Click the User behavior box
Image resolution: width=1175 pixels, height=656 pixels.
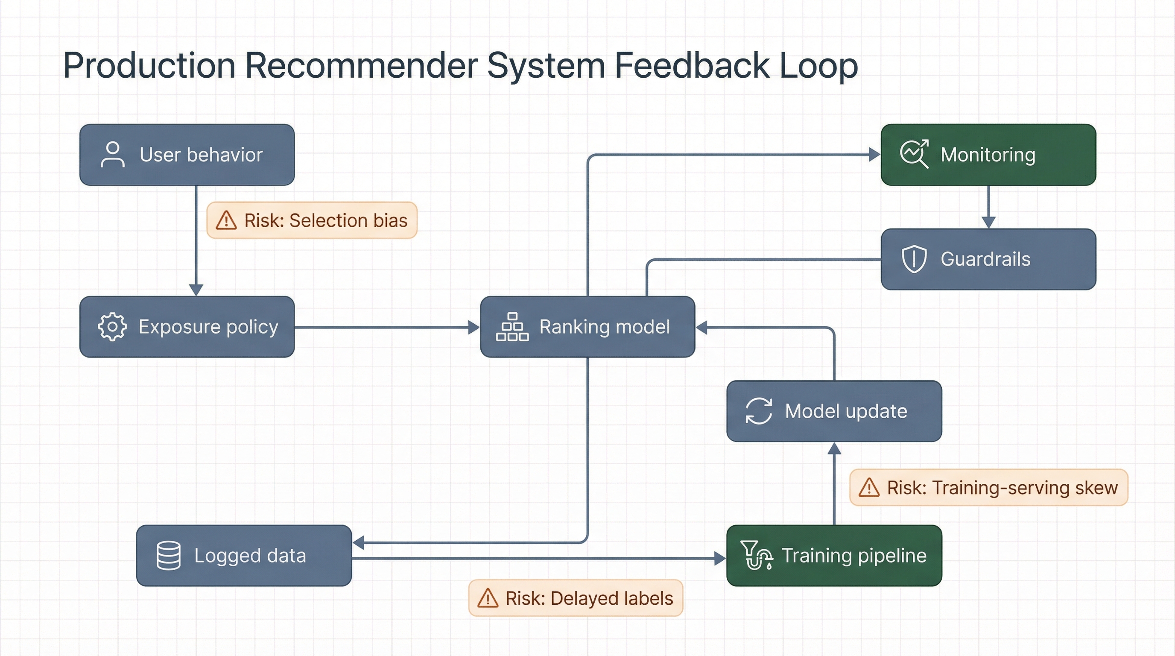tap(187, 155)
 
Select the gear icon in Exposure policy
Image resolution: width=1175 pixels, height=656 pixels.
tap(112, 327)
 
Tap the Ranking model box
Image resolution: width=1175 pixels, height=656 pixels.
tap(587, 327)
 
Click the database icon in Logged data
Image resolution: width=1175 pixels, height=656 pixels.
tap(168, 555)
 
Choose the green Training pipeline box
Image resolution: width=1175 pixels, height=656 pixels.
tap(834, 555)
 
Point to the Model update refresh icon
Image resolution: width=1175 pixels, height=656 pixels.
tap(759, 411)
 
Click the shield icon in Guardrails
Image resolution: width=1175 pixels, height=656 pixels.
tap(914, 259)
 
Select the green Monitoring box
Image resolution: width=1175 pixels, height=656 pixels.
tap(988, 155)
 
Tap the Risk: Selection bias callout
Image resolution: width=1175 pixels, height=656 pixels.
tap(312, 220)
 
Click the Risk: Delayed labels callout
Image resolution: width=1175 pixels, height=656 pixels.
tap(576, 598)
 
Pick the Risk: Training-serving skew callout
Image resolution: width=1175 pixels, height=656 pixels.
tap(988, 488)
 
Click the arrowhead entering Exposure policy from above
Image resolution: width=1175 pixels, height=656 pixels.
tap(196, 290)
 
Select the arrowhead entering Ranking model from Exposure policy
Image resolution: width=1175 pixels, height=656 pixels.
tap(474, 327)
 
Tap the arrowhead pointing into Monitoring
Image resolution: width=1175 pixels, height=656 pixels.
tap(874, 155)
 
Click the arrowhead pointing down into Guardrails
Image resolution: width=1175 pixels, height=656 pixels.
tap(988, 223)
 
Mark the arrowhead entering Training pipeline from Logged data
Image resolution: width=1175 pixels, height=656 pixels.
tap(720, 558)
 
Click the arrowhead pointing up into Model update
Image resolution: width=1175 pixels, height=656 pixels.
tap(834, 448)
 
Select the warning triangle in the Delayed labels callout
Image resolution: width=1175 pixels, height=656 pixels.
tap(488, 598)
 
